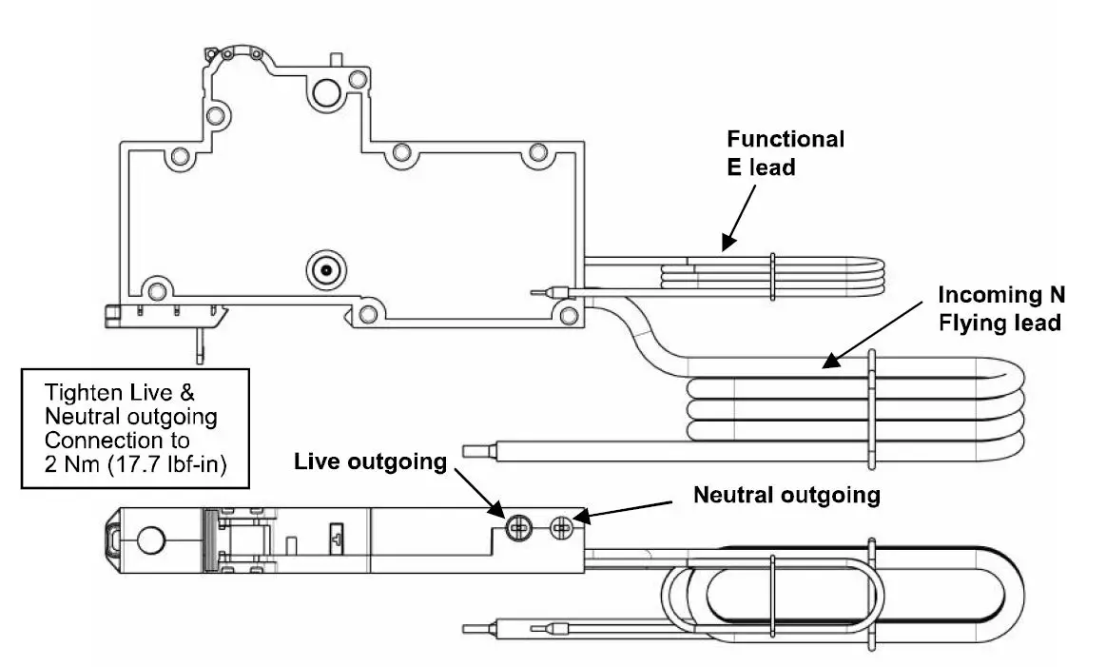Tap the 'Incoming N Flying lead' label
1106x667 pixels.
click(999, 308)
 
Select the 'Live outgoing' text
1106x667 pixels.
click(370, 461)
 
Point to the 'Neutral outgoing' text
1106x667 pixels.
click(786, 495)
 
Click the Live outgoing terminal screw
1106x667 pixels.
click(519, 525)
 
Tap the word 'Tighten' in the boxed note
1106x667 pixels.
click(83, 392)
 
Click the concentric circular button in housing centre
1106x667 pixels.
click(324, 270)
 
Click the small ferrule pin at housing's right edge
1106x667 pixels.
click(551, 291)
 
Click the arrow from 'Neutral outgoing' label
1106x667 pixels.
click(628, 510)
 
